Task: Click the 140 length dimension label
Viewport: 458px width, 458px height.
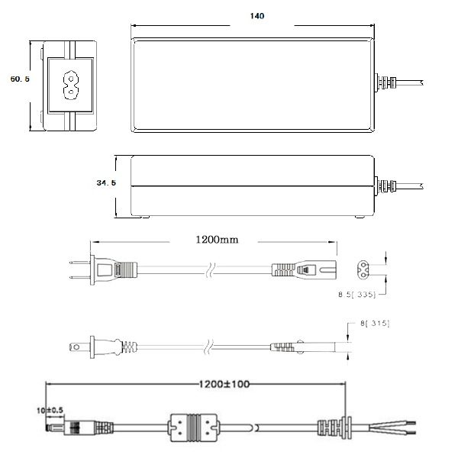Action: [x=257, y=16]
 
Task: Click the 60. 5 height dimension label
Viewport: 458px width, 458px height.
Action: [x=20, y=79]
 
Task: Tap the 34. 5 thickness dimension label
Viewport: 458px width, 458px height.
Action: [x=106, y=183]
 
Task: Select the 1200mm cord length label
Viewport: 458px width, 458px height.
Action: [x=217, y=240]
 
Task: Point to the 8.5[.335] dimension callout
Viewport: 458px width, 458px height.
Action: [x=356, y=295]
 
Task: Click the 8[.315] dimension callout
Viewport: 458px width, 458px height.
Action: [x=375, y=324]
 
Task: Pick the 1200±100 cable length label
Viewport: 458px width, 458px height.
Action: [x=224, y=384]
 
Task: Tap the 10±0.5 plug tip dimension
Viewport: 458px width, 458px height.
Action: [x=50, y=411]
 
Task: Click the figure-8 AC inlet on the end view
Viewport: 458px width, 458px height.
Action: [x=71, y=85]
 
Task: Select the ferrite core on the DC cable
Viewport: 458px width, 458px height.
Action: [x=193, y=427]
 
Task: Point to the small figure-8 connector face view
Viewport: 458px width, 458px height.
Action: [x=363, y=269]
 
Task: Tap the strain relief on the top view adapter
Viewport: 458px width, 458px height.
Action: [x=385, y=82]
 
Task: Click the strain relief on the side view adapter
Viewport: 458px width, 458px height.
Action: [x=385, y=186]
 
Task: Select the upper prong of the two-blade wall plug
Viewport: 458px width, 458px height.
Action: [x=79, y=263]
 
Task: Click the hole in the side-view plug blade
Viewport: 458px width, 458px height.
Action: [x=76, y=347]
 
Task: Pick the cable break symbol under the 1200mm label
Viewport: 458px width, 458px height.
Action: [x=211, y=270]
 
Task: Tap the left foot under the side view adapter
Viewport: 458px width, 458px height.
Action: [x=140, y=217]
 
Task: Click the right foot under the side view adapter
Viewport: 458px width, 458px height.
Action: [x=360, y=217]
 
